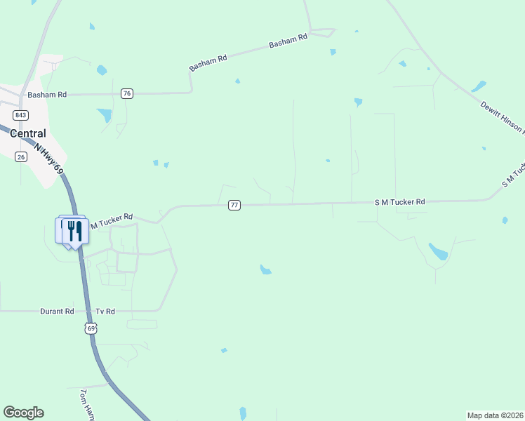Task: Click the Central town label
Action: (x=29, y=133)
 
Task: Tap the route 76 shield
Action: (x=127, y=93)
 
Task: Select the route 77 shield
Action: (x=234, y=205)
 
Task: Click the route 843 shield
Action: (x=20, y=115)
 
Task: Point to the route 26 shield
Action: (x=21, y=156)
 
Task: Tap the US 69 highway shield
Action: (x=91, y=328)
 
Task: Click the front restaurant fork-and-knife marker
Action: (x=75, y=232)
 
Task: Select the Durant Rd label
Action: (x=58, y=311)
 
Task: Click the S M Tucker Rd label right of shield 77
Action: (x=400, y=201)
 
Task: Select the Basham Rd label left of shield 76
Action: (x=46, y=94)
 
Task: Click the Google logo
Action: (x=23, y=413)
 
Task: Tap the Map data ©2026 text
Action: (x=495, y=415)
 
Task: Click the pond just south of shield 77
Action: (x=265, y=269)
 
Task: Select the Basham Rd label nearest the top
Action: (x=288, y=42)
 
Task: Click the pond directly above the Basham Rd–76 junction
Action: (x=102, y=70)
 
